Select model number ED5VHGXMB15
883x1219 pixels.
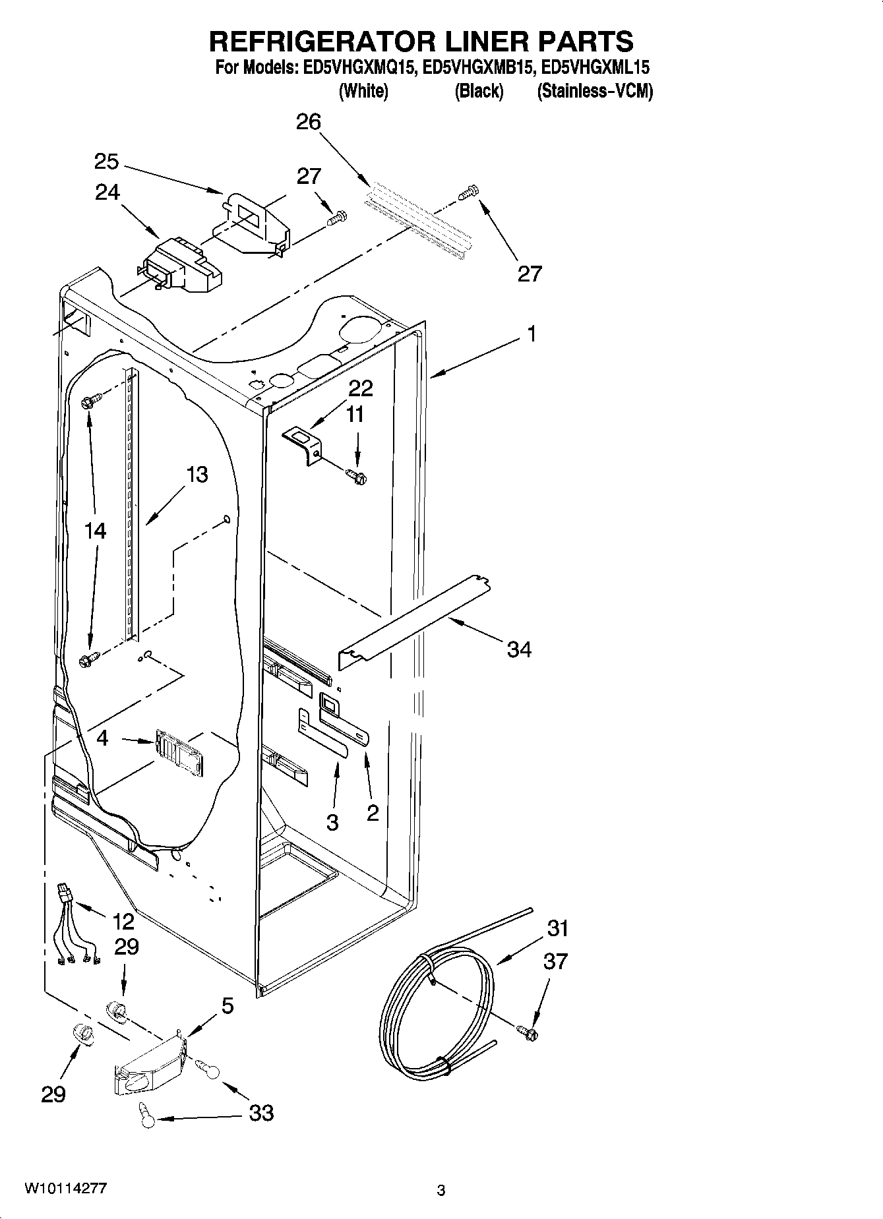[477, 67]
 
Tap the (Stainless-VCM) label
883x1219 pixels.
[595, 91]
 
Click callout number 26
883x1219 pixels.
[308, 122]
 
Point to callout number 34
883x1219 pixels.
[519, 649]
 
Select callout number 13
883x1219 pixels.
[197, 474]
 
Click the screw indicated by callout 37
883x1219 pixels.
[528, 1032]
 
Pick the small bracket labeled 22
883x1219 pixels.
[303, 445]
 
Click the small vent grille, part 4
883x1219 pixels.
[179, 752]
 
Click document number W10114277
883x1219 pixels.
[65, 1188]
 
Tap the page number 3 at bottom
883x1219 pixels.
[441, 1191]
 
